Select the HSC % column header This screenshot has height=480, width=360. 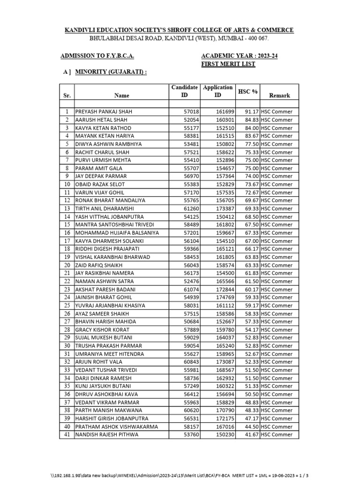point(248,91)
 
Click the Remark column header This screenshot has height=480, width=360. point(279,95)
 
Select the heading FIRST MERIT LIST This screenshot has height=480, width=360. point(228,64)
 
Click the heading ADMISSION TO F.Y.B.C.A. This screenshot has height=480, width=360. point(97,56)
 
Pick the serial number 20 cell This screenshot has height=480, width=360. point(67,265)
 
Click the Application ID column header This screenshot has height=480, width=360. point(217,91)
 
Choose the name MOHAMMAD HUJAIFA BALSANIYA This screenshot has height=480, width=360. point(117,232)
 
